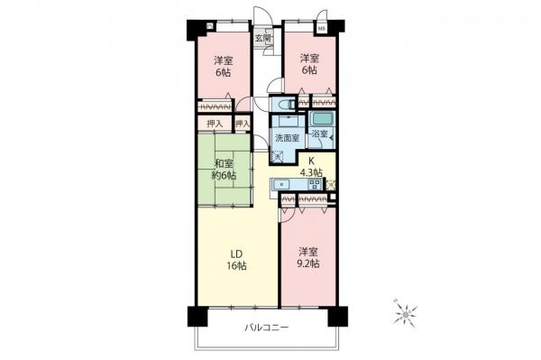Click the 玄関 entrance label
pyautogui.click(x=261, y=39)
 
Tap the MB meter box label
pyautogui.click(x=322, y=28)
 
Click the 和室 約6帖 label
pyautogui.click(x=225, y=171)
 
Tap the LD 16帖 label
pyautogui.click(x=236, y=259)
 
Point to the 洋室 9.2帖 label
pyautogui.click(x=307, y=257)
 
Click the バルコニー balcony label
pyautogui.click(x=265, y=328)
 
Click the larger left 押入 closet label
pyautogui.click(x=215, y=124)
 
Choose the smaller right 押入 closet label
pyautogui.click(x=242, y=124)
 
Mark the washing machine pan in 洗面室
pyautogui.click(x=281, y=154)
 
